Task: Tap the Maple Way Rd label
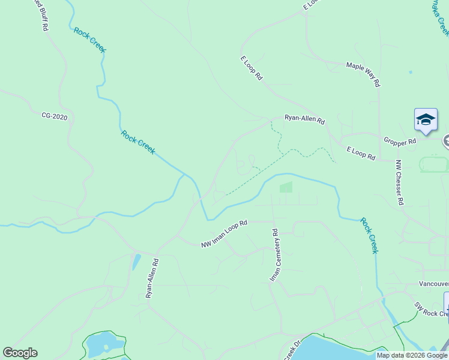click(x=364, y=74)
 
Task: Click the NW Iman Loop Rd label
click(x=224, y=233)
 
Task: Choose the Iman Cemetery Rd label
click(x=274, y=255)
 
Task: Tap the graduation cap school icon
click(x=426, y=119)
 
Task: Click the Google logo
click(x=20, y=353)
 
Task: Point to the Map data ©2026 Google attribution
click(x=412, y=355)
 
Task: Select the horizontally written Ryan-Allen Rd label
click(x=304, y=119)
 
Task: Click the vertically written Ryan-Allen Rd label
click(x=151, y=278)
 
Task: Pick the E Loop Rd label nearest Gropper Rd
click(x=361, y=153)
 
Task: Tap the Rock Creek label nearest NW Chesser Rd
click(x=369, y=235)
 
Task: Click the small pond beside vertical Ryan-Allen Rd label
click(x=136, y=262)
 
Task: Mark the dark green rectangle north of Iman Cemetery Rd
click(x=286, y=187)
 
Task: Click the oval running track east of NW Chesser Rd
click(x=434, y=164)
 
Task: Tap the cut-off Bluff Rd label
click(x=40, y=14)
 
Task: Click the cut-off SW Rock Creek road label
click(x=431, y=309)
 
